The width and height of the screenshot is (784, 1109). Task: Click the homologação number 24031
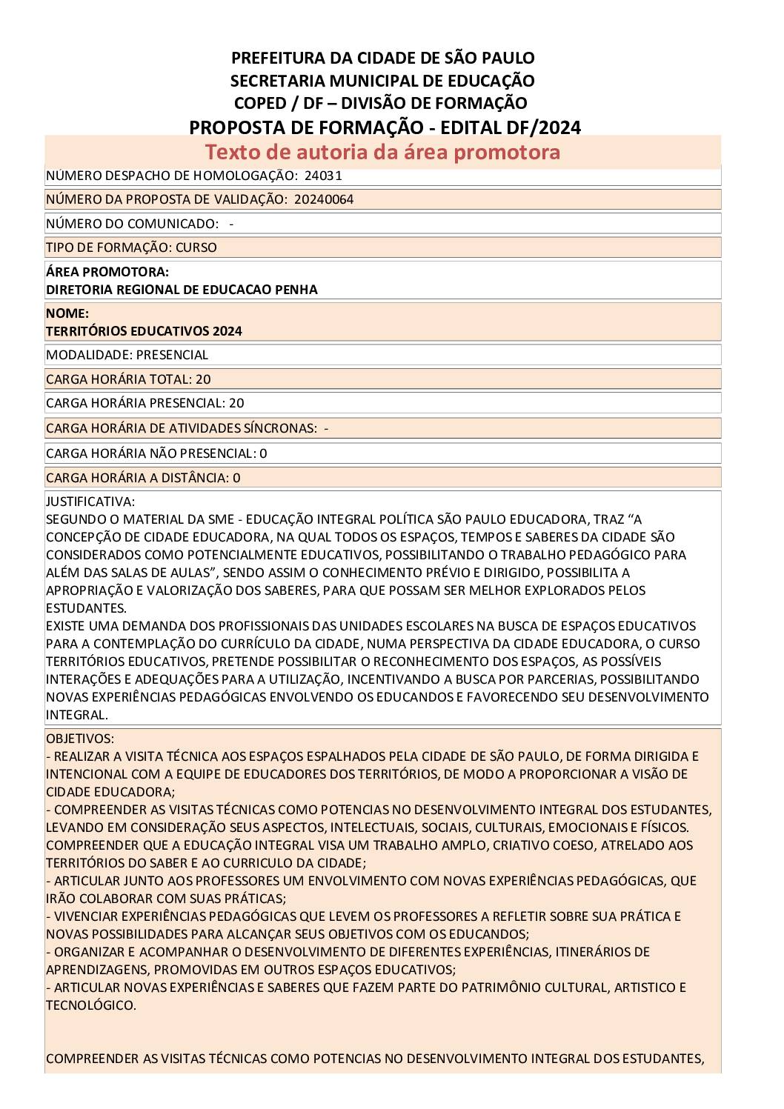(x=323, y=176)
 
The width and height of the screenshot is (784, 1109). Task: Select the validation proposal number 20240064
(x=323, y=199)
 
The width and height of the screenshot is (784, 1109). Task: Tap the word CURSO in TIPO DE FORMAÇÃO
(x=196, y=247)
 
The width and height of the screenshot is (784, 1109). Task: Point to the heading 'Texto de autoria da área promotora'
(x=382, y=152)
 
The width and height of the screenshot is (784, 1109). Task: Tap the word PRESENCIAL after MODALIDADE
(x=172, y=355)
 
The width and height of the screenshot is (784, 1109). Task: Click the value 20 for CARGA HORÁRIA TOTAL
(x=203, y=379)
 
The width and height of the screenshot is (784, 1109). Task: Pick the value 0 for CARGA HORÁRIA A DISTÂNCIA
(x=236, y=478)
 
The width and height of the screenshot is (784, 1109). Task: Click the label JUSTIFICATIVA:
(x=90, y=502)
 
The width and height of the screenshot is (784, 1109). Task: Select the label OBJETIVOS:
(x=80, y=739)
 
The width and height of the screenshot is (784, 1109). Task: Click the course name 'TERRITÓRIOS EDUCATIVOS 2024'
(x=144, y=331)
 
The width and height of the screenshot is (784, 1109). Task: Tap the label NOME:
(x=67, y=313)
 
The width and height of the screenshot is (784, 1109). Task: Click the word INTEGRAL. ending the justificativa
(x=77, y=715)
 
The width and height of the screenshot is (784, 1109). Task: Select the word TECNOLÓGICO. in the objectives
(x=91, y=1005)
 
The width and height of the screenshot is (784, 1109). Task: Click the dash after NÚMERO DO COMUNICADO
(x=231, y=224)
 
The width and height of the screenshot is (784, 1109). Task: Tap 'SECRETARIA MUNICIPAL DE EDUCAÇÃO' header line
(x=382, y=80)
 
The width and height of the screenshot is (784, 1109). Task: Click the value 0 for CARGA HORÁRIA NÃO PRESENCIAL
(x=263, y=453)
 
